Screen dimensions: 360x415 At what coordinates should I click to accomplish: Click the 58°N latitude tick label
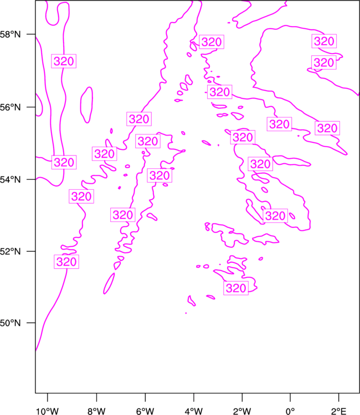click(10, 34)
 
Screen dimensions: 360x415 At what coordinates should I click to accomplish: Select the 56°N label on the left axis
click(10, 107)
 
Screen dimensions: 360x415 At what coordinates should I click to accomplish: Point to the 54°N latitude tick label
click(10, 180)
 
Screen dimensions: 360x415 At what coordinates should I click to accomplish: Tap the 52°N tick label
click(10, 251)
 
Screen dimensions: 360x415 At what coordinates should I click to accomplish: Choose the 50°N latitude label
click(10, 323)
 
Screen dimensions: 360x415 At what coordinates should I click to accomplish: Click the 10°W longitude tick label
click(47, 411)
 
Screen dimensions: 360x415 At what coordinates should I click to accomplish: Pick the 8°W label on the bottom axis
click(96, 411)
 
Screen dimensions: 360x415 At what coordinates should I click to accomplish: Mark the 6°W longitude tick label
click(145, 411)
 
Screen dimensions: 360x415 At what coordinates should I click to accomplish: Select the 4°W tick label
click(194, 411)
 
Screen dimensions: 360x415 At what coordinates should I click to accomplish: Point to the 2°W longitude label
click(242, 411)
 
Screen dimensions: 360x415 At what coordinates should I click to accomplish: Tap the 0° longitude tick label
click(290, 411)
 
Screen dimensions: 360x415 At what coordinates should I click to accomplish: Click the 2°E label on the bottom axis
click(338, 411)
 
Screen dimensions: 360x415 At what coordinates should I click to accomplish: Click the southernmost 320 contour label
click(236, 288)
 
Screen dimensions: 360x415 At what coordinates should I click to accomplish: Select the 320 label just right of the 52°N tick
click(66, 262)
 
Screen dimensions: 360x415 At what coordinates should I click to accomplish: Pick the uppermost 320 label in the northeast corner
click(324, 41)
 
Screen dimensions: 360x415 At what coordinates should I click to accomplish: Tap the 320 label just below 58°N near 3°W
click(212, 42)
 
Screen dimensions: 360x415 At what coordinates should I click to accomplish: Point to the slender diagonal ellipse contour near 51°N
click(109, 283)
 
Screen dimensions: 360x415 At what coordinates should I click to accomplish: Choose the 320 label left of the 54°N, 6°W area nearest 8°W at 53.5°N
click(81, 196)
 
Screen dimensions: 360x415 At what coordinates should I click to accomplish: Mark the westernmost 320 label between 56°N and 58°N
click(64, 61)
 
